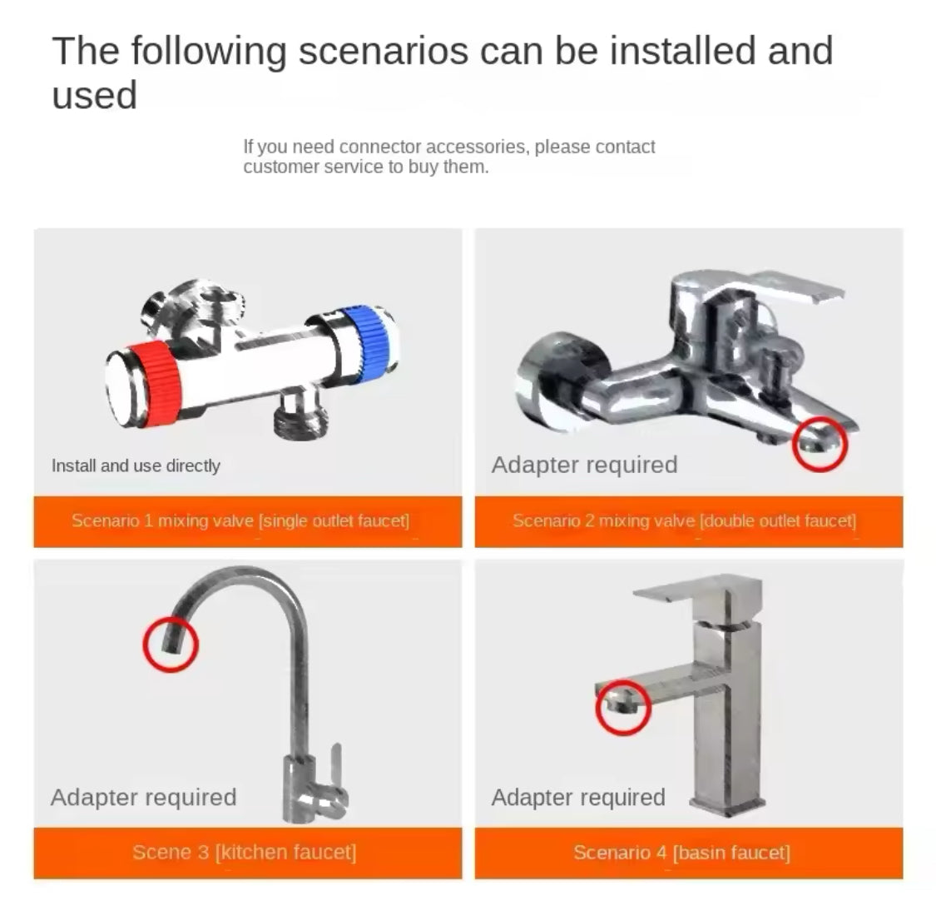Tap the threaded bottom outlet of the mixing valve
(301, 415)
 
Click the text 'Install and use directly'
(136, 465)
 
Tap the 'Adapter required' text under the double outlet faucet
(584, 465)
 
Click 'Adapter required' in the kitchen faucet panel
(143, 797)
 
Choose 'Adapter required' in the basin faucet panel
(578, 797)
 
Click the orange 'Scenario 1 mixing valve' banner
(247, 521)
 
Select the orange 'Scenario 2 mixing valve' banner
(688, 521)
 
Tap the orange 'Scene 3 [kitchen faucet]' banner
(247, 852)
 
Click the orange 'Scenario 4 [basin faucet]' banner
(688, 852)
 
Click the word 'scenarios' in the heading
(383, 52)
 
